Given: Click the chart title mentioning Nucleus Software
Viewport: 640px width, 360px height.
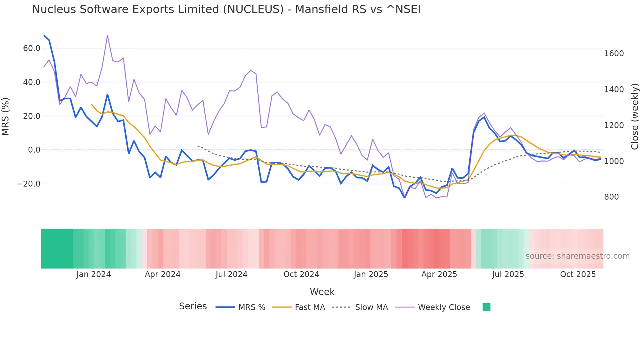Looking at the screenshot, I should click(226, 9).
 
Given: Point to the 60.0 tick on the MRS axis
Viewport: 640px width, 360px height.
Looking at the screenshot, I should click(32, 48).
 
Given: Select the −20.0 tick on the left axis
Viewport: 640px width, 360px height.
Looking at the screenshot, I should click(29, 184).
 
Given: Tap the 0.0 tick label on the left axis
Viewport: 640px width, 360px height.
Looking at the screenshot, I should click(34, 150).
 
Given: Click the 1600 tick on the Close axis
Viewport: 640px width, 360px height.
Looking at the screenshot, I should click(614, 54).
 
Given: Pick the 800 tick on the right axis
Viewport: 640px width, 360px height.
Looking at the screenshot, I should click(611, 197).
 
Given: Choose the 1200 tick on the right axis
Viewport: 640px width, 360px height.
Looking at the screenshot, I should click(614, 125).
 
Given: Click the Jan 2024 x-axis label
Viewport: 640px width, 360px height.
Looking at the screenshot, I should click(94, 274).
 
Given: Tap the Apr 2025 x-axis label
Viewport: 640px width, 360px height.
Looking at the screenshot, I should click(439, 274).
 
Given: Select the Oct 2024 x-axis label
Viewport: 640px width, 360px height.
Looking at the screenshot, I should click(301, 274).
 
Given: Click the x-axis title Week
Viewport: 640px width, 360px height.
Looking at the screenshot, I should click(322, 292).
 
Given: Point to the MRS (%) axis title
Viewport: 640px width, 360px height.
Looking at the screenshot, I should click(6, 116).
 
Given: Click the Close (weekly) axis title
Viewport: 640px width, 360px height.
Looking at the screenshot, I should click(634, 116).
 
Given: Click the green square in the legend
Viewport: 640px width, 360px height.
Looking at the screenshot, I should click(486, 307).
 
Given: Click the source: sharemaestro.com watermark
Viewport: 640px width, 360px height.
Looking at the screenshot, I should click(577, 256).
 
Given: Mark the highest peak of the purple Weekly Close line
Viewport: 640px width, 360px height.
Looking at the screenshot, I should click(107, 36).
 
